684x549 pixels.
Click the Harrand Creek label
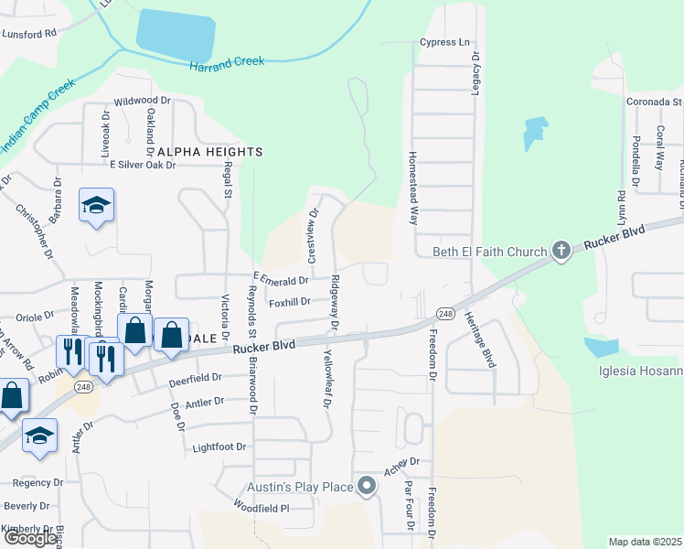(227, 62)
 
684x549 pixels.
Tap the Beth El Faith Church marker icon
(561, 250)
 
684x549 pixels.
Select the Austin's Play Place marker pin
(367, 487)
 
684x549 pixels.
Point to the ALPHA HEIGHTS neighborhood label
(209, 152)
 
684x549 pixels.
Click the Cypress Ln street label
(444, 42)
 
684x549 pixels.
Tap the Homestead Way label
(413, 189)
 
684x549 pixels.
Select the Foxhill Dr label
(291, 301)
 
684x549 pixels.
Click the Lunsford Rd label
(29, 32)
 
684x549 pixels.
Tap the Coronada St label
(654, 102)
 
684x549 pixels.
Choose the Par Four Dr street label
(409, 505)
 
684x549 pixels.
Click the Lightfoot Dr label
(219, 447)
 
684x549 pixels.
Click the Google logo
(29, 537)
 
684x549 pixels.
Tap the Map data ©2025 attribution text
(645, 542)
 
